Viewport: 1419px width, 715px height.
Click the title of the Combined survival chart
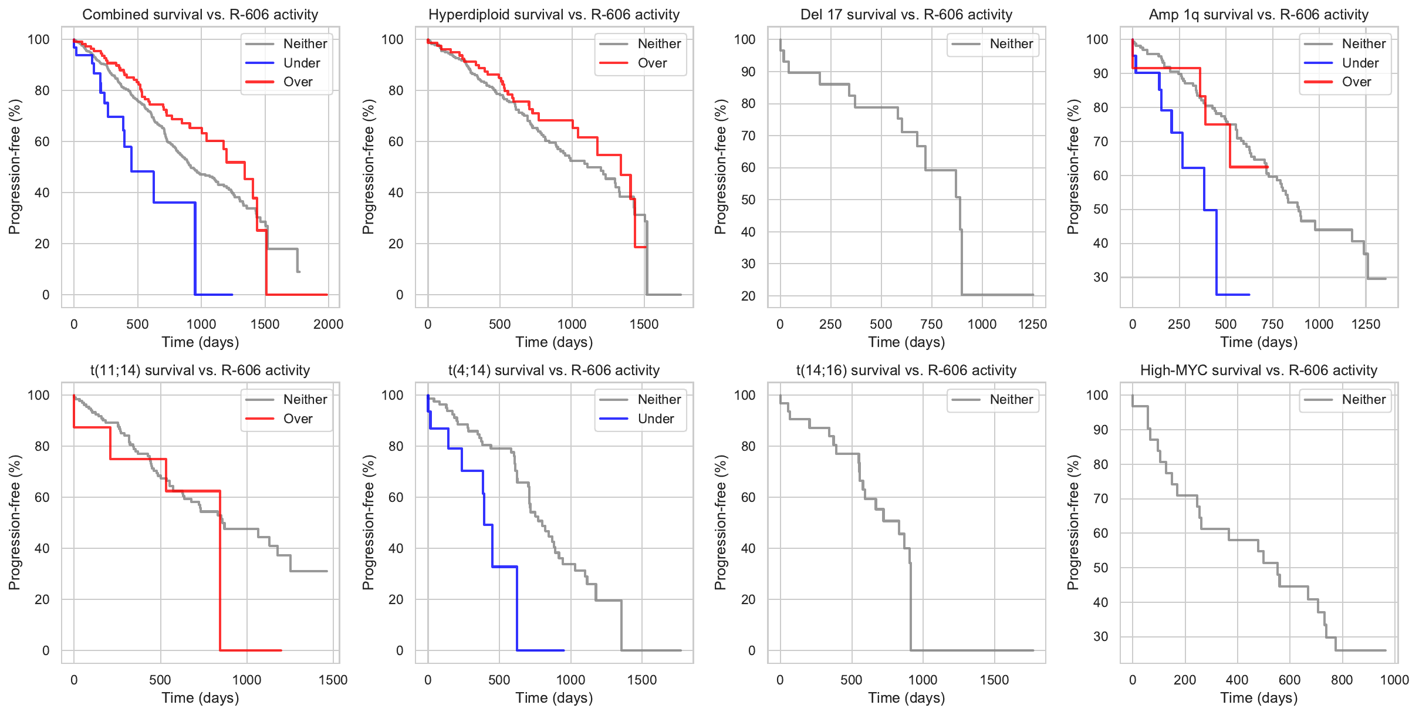click(x=200, y=14)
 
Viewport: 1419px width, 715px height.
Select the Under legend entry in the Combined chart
click(x=301, y=63)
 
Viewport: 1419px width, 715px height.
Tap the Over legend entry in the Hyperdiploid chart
click(x=652, y=63)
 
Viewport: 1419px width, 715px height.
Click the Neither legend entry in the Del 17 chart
click(x=1011, y=43)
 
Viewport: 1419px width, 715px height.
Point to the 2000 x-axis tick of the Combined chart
click(x=328, y=324)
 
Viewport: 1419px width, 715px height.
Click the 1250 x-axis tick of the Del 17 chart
click(x=1032, y=324)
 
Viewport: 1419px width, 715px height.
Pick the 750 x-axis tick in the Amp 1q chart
click(x=1272, y=324)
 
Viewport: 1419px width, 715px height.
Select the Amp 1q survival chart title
click(x=1259, y=14)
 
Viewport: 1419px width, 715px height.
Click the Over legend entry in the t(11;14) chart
click(x=298, y=419)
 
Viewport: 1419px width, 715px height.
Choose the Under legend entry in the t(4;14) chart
click(x=656, y=419)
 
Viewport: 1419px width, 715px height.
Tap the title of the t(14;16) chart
click(x=906, y=370)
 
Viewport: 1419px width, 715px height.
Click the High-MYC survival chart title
click(x=1259, y=370)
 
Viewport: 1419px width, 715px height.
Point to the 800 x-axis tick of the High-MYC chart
click(x=1342, y=680)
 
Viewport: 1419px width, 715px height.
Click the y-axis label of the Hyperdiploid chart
click(x=368, y=167)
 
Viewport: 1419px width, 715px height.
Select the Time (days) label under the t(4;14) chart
click(x=554, y=697)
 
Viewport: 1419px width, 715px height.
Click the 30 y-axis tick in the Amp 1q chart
click(x=1100, y=277)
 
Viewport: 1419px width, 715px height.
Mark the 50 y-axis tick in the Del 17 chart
click(x=748, y=200)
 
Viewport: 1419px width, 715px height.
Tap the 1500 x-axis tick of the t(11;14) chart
click(x=333, y=680)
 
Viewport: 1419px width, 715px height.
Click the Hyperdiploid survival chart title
click(x=554, y=14)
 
